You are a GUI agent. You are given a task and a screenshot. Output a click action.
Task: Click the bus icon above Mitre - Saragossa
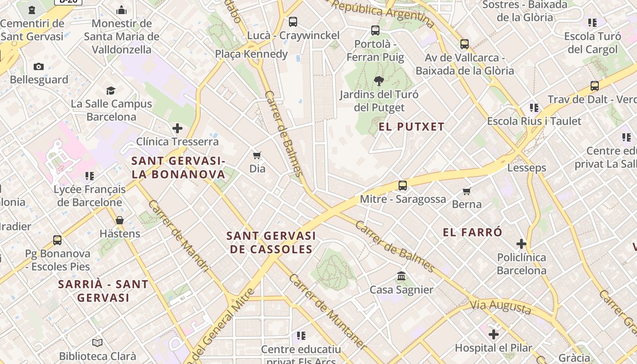pyautogui.click(x=403, y=186)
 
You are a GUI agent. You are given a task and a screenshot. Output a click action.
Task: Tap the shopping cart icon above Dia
pyautogui.click(x=257, y=156)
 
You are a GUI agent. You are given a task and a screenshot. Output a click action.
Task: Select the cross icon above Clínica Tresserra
pyautogui.click(x=177, y=128)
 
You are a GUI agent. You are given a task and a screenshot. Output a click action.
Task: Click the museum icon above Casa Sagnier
pyautogui.click(x=401, y=276)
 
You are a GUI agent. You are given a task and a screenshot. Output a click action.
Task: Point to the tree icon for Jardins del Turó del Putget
pyautogui.click(x=379, y=81)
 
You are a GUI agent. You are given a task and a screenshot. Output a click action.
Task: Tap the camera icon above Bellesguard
pyautogui.click(x=39, y=67)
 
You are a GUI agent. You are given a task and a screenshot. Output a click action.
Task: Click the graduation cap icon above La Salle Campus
pyautogui.click(x=111, y=91)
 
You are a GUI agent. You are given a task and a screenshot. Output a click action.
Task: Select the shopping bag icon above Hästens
pyautogui.click(x=120, y=221)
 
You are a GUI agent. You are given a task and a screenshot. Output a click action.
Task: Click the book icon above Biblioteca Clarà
pyautogui.click(x=97, y=343)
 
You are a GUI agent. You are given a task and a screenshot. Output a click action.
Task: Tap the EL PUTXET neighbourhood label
pyautogui.click(x=411, y=127)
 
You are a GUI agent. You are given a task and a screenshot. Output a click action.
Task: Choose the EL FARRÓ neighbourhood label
pyautogui.click(x=472, y=233)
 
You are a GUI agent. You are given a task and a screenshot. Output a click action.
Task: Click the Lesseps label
pyautogui.click(x=526, y=168)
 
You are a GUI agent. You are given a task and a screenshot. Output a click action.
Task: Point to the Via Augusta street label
pyautogui.click(x=501, y=308)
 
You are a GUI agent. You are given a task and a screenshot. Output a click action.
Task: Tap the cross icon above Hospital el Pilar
pyautogui.click(x=494, y=335)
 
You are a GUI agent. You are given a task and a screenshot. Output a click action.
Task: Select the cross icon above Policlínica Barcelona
pyautogui.click(x=521, y=244)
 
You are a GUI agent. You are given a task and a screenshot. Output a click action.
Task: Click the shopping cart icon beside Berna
pyautogui.click(x=466, y=191)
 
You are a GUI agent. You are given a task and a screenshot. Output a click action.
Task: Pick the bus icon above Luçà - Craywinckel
pyautogui.click(x=293, y=21)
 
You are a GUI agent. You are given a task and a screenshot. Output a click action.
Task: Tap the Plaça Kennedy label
pyautogui.click(x=251, y=54)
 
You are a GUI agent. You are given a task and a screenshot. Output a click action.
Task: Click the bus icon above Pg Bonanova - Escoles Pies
pyautogui.click(x=57, y=240)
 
